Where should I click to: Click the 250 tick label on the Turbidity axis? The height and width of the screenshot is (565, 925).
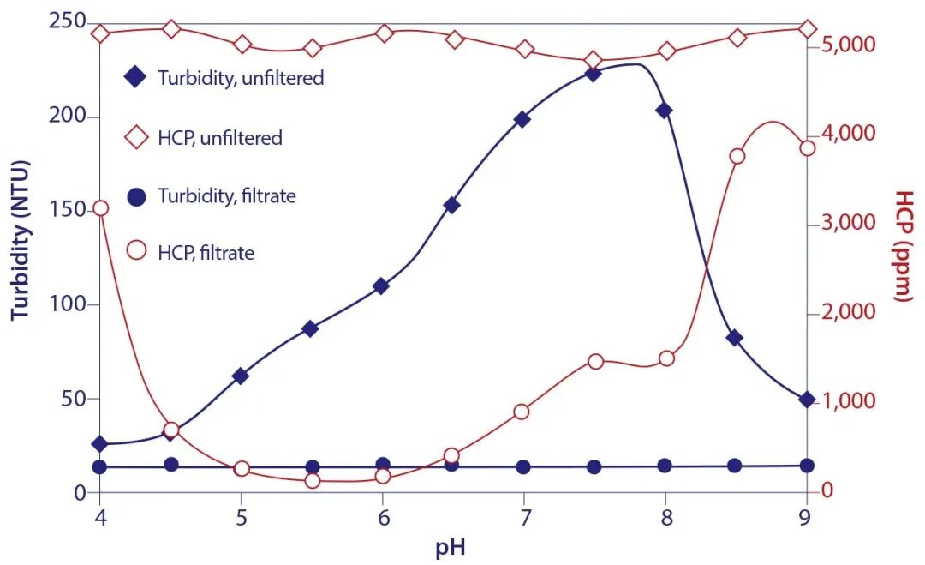coord(69,21)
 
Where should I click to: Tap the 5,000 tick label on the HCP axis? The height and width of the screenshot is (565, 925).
coord(848,45)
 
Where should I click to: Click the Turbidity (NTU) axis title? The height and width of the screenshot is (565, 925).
coord(21,240)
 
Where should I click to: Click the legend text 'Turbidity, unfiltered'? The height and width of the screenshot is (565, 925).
coord(241,78)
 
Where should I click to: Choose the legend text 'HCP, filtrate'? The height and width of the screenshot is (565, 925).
coord(206,252)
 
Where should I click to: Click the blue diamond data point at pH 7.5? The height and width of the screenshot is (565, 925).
coord(593,74)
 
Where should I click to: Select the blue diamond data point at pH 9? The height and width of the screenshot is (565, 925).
coord(806,400)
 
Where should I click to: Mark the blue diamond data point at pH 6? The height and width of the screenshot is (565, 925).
coord(382,286)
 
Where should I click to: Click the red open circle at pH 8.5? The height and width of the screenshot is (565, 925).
coord(737,156)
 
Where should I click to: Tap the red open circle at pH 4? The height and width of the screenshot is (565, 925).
coord(100,208)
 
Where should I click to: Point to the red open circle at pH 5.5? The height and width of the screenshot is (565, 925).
coord(312,481)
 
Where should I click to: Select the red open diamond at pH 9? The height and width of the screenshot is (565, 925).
coord(807,29)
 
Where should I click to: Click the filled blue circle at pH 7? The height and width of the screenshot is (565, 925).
coord(523,467)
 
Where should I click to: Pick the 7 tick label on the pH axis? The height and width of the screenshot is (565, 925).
coord(524,518)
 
